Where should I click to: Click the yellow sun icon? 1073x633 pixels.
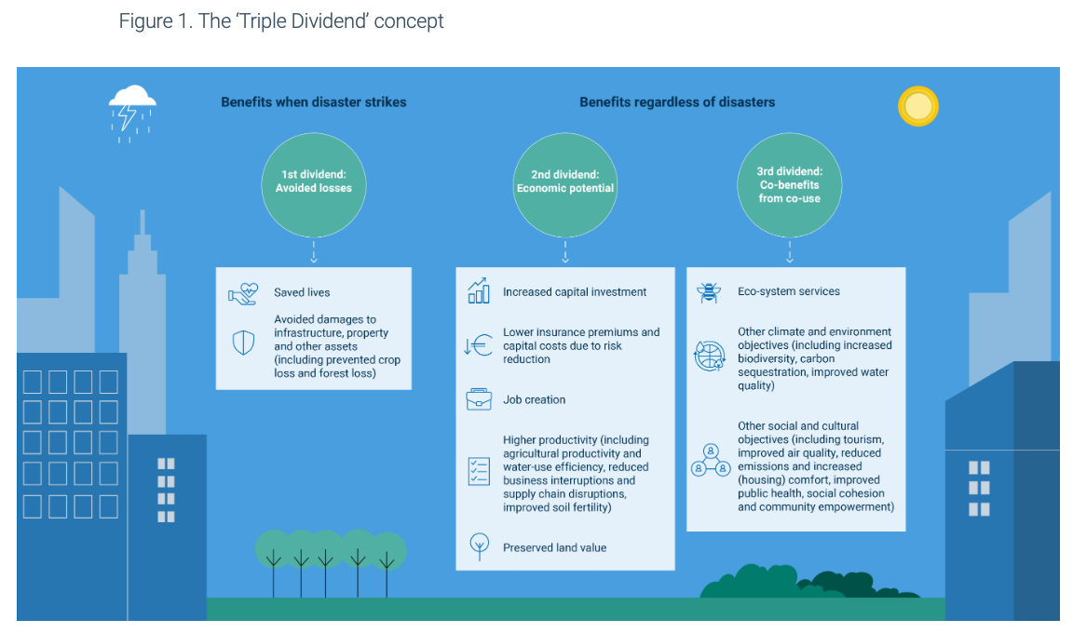point(917,106)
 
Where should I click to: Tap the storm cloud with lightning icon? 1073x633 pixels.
point(131,110)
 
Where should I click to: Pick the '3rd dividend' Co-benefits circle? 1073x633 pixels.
point(789,184)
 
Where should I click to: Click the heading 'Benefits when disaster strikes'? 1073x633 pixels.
point(314,102)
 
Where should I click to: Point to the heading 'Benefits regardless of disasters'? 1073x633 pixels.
point(677,102)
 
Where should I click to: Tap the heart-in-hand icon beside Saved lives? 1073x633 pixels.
point(242,294)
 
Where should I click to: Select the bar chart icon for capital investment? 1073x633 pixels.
point(479,291)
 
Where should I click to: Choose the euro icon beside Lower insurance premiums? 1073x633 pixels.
point(478,346)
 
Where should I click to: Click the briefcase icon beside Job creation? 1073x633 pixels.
point(479,399)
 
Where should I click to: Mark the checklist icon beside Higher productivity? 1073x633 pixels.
point(479,471)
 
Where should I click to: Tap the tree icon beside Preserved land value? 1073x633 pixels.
point(479,545)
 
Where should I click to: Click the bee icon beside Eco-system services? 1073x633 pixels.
point(709,292)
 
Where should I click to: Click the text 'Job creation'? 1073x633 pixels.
point(535,399)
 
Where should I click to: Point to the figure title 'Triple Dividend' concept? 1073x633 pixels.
point(281,20)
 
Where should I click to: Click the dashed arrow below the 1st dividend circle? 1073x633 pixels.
point(314,252)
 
